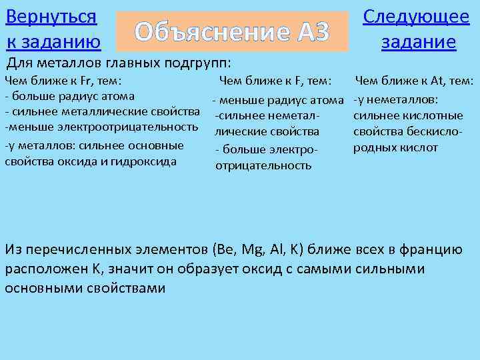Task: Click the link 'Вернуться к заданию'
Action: pos(52,29)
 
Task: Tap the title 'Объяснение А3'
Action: pos(232,31)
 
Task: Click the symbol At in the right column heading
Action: pos(437,81)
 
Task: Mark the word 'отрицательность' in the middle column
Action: pos(263,165)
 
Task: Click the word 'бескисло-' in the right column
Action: pos(433,131)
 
